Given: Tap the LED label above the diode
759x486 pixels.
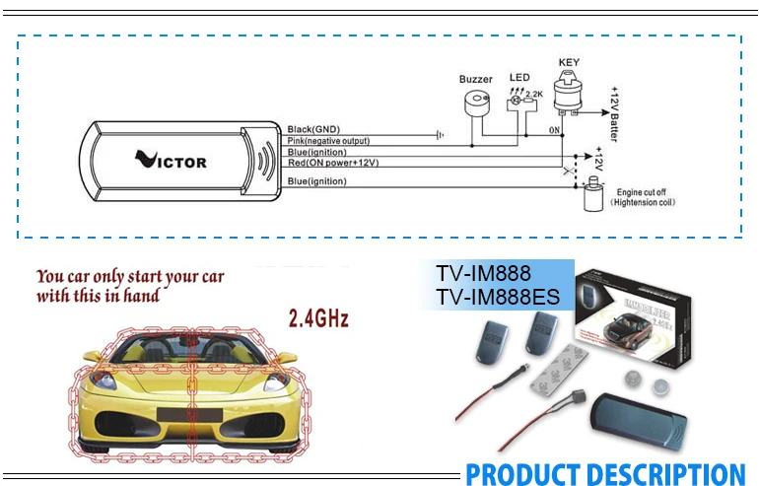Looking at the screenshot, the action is pyautogui.click(x=518, y=77).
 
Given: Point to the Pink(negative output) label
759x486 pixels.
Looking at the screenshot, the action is pyautogui.click(x=328, y=141).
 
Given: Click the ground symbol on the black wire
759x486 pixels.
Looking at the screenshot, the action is pyautogui.click(x=440, y=133).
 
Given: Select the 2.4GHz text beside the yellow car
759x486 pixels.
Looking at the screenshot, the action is pyautogui.click(x=318, y=319).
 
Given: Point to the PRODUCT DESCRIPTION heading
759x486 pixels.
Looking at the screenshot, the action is pyautogui.click(x=605, y=474).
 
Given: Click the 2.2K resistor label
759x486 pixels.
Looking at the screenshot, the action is pyautogui.click(x=535, y=95).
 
